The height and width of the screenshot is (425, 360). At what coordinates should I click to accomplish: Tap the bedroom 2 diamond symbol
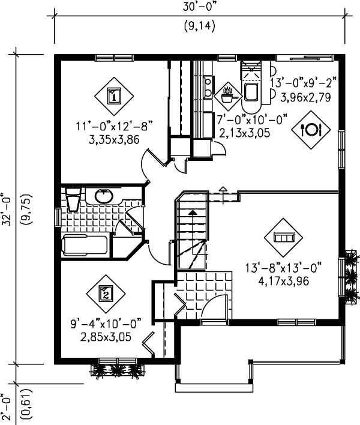click(x=105, y=294)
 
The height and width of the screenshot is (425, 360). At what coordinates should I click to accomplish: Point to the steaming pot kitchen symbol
click(x=227, y=93)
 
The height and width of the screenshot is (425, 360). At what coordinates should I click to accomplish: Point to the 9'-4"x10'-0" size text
click(x=105, y=325)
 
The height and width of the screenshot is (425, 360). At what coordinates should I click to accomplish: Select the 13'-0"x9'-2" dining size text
click(x=304, y=82)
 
